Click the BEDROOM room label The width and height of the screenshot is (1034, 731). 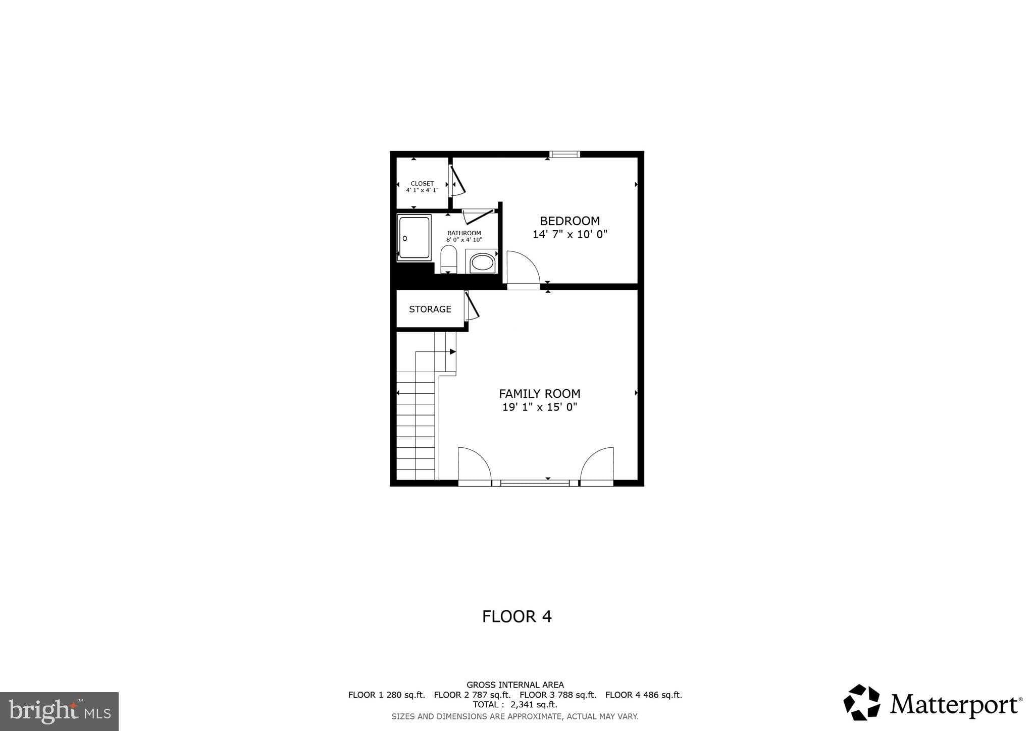(x=570, y=221)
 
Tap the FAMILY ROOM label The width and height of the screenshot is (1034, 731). (x=539, y=394)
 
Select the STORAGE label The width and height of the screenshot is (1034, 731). (x=430, y=309)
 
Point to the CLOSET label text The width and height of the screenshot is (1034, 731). (x=422, y=184)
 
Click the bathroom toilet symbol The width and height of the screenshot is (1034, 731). (x=448, y=259)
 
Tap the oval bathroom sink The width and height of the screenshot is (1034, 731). (x=482, y=263)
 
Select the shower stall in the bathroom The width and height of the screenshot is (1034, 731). (x=414, y=237)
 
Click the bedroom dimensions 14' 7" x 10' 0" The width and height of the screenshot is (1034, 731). (x=570, y=234)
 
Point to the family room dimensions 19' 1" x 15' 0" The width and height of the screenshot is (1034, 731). (x=539, y=407)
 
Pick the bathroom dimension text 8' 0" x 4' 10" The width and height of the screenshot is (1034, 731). (x=464, y=240)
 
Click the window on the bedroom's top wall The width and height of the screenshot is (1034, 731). (x=564, y=154)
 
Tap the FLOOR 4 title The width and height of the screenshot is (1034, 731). (x=516, y=616)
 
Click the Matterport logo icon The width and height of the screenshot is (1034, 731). (x=861, y=702)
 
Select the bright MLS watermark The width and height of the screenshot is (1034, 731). (x=59, y=712)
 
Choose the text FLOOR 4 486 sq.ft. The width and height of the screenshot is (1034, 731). (x=643, y=695)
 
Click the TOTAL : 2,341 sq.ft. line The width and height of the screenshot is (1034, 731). (x=515, y=705)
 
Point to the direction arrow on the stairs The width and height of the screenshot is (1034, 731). (x=452, y=351)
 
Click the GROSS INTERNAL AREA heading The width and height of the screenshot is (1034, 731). (x=515, y=685)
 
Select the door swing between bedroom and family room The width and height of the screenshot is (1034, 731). (x=523, y=269)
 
